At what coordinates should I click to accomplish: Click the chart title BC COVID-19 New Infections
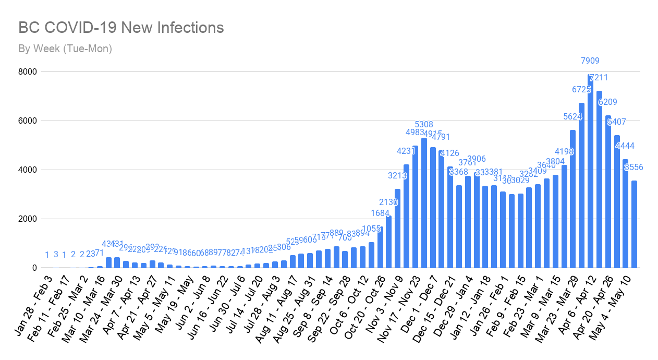121,28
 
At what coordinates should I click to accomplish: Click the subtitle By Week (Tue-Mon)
65,49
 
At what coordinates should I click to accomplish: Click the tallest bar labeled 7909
590,172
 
